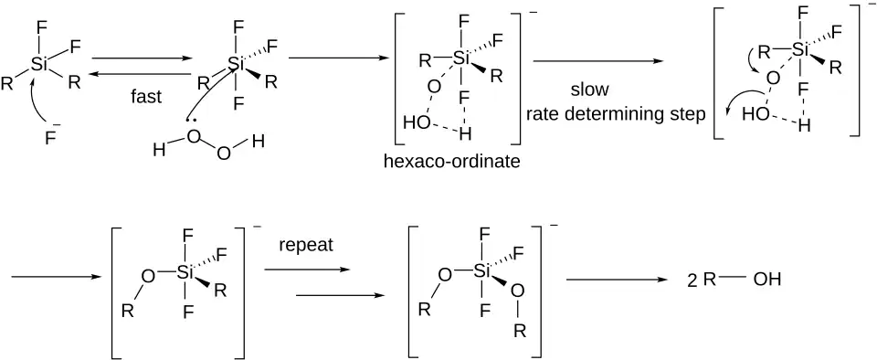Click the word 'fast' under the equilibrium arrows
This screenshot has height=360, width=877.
click(x=146, y=96)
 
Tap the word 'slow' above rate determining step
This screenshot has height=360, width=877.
click(x=589, y=90)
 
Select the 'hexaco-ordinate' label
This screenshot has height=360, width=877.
click(x=452, y=162)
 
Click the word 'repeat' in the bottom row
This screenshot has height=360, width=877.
click(x=305, y=245)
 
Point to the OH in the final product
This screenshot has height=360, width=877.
click(x=766, y=280)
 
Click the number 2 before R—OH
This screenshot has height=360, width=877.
click(x=692, y=281)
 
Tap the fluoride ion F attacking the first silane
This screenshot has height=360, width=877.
click(x=50, y=136)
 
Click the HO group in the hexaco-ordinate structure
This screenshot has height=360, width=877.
click(x=417, y=123)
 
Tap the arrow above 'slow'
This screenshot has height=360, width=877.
click(x=597, y=61)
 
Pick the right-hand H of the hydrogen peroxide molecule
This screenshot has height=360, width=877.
click(x=258, y=142)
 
